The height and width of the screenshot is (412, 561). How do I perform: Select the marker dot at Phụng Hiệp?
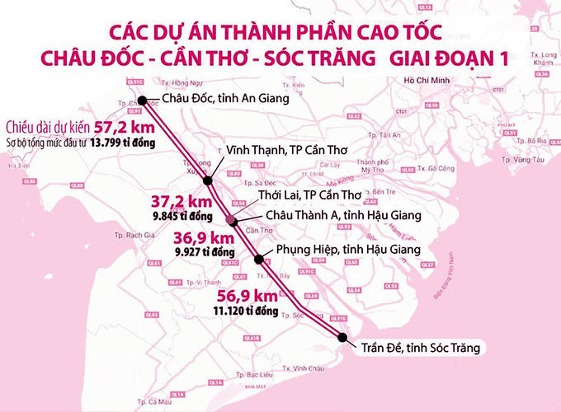pos(260,260)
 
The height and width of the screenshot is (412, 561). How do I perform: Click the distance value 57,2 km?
pos(126,128)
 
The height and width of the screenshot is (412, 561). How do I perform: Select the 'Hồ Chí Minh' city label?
pos(431,80)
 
